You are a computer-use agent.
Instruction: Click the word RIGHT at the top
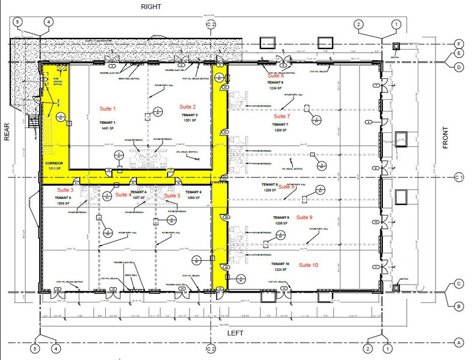(151, 7)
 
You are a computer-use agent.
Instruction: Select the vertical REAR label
(9, 147)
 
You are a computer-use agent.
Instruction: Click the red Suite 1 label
(108, 108)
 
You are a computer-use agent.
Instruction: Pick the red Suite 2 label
(188, 107)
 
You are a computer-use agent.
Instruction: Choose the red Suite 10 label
(308, 264)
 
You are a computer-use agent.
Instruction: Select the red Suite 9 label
(304, 217)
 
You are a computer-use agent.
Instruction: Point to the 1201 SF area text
(188, 121)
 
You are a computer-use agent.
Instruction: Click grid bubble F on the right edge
(458, 43)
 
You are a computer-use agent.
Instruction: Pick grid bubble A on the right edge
(458, 342)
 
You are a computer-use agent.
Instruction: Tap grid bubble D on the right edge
(458, 67)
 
